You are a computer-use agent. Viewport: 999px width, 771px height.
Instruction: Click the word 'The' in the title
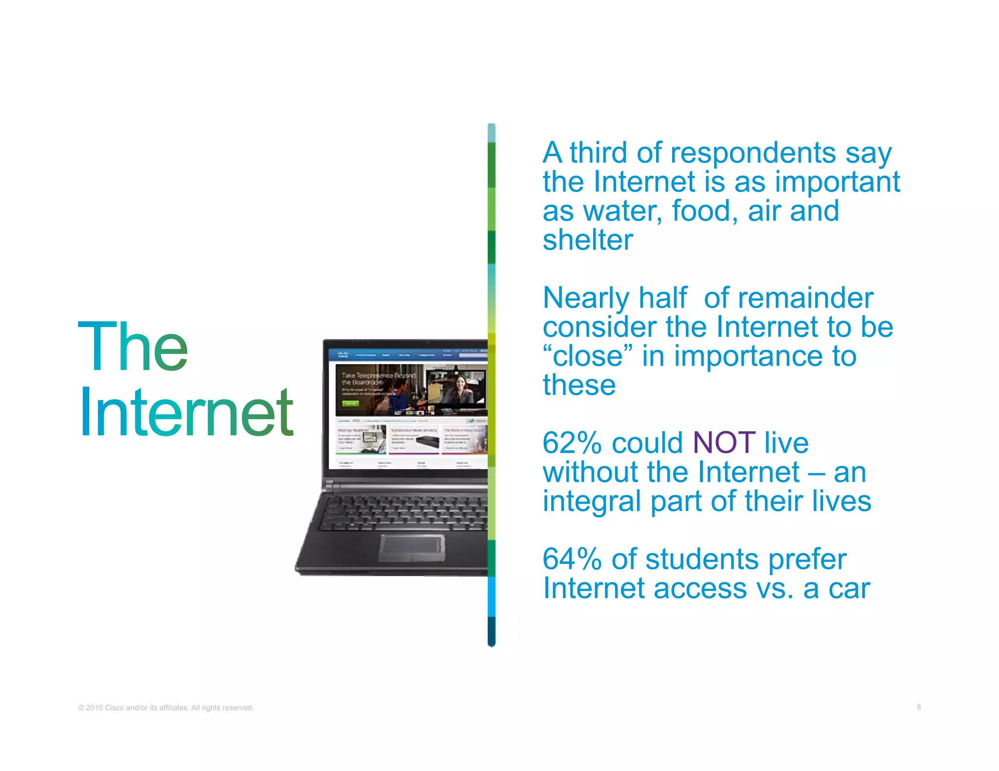coord(133,347)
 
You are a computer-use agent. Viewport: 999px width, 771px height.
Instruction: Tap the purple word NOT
coord(724,443)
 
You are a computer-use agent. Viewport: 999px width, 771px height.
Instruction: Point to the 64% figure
coord(572,559)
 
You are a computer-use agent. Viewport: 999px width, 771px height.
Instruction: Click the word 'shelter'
coord(588,240)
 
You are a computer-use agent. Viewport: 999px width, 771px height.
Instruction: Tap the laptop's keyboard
coord(405,512)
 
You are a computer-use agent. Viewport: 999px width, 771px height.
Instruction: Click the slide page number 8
coord(919,707)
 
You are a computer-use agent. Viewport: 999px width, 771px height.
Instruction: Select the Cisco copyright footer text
coord(166,708)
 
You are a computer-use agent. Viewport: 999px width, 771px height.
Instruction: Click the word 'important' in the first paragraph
coord(837,182)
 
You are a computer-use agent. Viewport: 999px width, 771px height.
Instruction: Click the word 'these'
coord(579,385)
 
